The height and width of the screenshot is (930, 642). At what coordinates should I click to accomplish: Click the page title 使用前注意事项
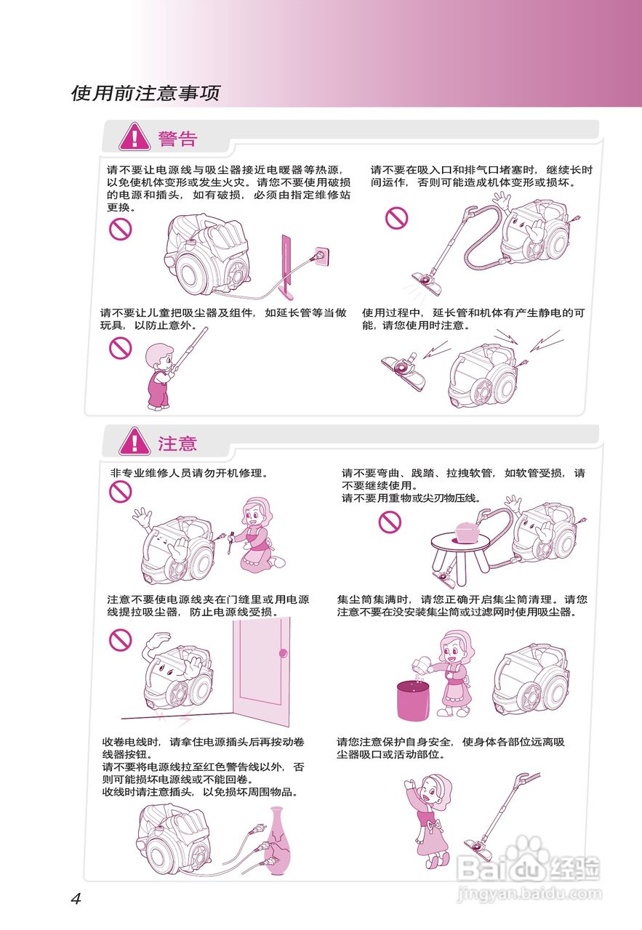pos(145,93)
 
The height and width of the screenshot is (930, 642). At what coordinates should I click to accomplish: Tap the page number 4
pos(76,899)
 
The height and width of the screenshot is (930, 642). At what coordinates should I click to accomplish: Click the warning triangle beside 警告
pos(135,137)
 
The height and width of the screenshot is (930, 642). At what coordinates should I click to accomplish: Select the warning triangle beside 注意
pos(135,441)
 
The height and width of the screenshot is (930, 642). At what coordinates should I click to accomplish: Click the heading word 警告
pos(177,139)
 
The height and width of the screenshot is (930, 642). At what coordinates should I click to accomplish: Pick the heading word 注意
pos(177,443)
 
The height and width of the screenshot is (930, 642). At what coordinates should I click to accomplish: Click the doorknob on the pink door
pos(284,653)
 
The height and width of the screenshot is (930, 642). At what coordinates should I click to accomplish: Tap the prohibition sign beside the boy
pos(121,348)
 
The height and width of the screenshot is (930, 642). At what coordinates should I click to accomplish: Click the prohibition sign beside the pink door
pos(121,640)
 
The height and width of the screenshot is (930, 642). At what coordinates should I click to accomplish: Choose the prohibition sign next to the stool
pos(390,521)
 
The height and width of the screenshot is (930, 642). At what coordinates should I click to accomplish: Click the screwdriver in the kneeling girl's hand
pos(230,542)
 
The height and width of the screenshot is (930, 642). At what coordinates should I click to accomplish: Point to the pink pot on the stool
pos(468,531)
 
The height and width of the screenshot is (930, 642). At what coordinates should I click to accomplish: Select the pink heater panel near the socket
pos(286,267)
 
